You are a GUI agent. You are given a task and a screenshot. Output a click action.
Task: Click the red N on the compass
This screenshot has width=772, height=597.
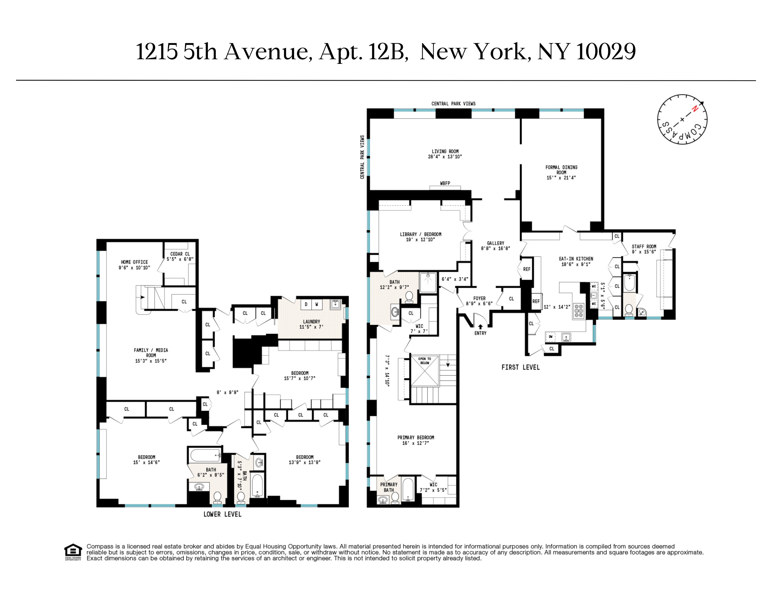click(x=695, y=109)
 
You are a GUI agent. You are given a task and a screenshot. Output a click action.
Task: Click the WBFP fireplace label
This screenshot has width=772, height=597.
click(x=445, y=183)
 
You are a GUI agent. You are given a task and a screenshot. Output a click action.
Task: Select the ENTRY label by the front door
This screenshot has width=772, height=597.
click(x=480, y=333)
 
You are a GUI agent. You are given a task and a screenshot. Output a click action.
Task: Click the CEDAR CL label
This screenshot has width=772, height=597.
click(x=180, y=254)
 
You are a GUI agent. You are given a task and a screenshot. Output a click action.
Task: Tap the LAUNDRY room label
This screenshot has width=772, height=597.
click(x=311, y=321)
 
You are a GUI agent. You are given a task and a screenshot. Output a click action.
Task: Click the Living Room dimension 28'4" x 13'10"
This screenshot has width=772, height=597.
click(x=445, y=157)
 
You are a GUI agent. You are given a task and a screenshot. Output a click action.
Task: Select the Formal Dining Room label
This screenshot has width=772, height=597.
click(x=561, y=170)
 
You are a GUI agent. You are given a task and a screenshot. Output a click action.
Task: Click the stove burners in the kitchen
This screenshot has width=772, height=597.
click(x=579, y=311)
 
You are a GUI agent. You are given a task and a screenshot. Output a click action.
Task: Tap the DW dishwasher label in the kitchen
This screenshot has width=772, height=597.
click(x=551, y=337)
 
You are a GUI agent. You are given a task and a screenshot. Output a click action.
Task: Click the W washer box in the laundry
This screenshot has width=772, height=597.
click(x=317, y=304)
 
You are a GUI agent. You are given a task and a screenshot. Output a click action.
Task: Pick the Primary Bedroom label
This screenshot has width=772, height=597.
click(x=416, y=438)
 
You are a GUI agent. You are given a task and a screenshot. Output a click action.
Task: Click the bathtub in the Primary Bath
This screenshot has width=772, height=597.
click(x=408, y=489)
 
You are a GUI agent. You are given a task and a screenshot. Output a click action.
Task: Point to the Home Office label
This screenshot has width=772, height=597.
click(x=134, y=262)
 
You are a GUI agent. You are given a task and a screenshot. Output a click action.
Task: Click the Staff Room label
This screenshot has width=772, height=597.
click(x=644, y=247)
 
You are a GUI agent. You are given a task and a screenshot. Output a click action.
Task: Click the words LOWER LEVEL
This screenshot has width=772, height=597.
click(x=222, y=514)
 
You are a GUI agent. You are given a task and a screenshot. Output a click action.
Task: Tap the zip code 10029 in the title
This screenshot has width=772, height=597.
click(x=606, y=52)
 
